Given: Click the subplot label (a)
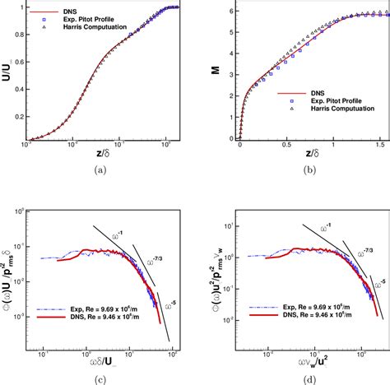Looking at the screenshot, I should (x=100, y=169).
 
